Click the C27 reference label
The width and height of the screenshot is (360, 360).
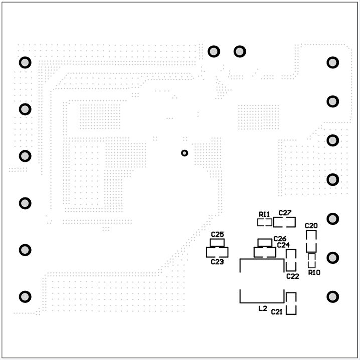coord(285,213)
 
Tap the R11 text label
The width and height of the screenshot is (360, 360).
coord(265,214)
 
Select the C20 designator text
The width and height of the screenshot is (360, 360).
coord(311,226)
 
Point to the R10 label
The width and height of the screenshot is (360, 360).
coord(314,272)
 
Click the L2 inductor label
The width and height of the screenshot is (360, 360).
coord(262,309)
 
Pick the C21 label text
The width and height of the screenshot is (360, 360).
coord(277,312)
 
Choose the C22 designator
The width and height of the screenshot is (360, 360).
coord(293,276)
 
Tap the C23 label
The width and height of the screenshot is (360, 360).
coord(217,262)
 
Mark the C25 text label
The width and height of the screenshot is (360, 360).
coord(217,234)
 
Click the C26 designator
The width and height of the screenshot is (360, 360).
coord(280,239)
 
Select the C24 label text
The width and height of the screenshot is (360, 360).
coord(283,245)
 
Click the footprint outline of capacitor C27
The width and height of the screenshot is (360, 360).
coord(285,222)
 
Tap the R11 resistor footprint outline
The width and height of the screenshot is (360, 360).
coord(265,222)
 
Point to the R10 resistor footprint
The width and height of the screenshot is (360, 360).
coord(312,260)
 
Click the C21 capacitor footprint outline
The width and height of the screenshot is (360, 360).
coord(291,303)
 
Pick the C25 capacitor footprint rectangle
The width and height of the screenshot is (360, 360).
coord(217,242)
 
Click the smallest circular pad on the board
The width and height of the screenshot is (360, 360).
coord(184,153)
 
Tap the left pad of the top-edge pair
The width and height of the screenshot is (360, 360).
coord(214,51)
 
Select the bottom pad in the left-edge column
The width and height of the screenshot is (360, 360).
coord(25,296)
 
